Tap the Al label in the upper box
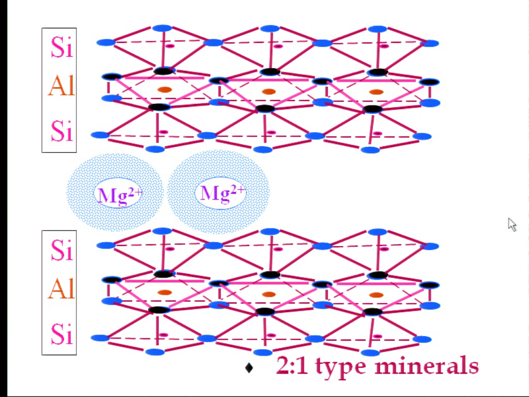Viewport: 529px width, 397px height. (61, 86)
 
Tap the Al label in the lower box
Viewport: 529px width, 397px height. (61, 289)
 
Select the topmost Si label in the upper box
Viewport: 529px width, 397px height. (62, 47)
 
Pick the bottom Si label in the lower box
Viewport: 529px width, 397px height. (62, 334)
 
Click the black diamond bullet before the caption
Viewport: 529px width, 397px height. (249, 368)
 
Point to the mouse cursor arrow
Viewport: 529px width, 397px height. (512, 225)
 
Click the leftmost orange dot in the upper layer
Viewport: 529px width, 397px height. (165, 90)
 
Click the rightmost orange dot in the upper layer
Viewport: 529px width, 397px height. (376, 92)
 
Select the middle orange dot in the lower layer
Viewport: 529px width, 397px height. (269, 294)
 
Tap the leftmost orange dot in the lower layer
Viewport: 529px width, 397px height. (165, 293)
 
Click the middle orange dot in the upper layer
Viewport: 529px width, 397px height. (269, 91)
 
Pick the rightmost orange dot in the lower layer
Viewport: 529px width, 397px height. (376, 295)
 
